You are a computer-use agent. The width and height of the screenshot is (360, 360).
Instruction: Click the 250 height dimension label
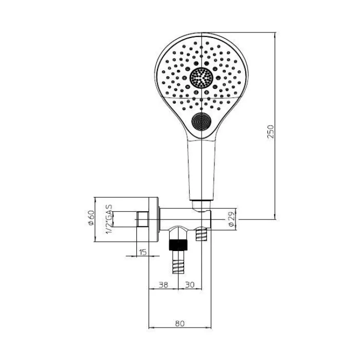click(x=271, y=132)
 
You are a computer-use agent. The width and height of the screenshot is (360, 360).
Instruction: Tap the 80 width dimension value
click(x=180, y=323)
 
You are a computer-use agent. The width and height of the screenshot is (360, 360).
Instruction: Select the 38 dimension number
click(x=163, y=285)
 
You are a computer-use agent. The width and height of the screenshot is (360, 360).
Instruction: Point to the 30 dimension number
click(x=190, y=285)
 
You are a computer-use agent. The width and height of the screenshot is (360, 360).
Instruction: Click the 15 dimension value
click(x=143, y=252)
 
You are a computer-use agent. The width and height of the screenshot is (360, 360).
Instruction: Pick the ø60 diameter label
click(x=91, y=218)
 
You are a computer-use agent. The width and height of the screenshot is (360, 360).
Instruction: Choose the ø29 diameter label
click(x=231, y=219)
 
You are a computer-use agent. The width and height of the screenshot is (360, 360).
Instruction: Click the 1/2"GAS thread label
click(x=109, y=219)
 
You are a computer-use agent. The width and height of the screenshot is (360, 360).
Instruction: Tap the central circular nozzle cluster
click(x=202, y=78)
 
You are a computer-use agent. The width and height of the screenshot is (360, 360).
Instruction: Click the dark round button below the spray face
click(x=202, y=122)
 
